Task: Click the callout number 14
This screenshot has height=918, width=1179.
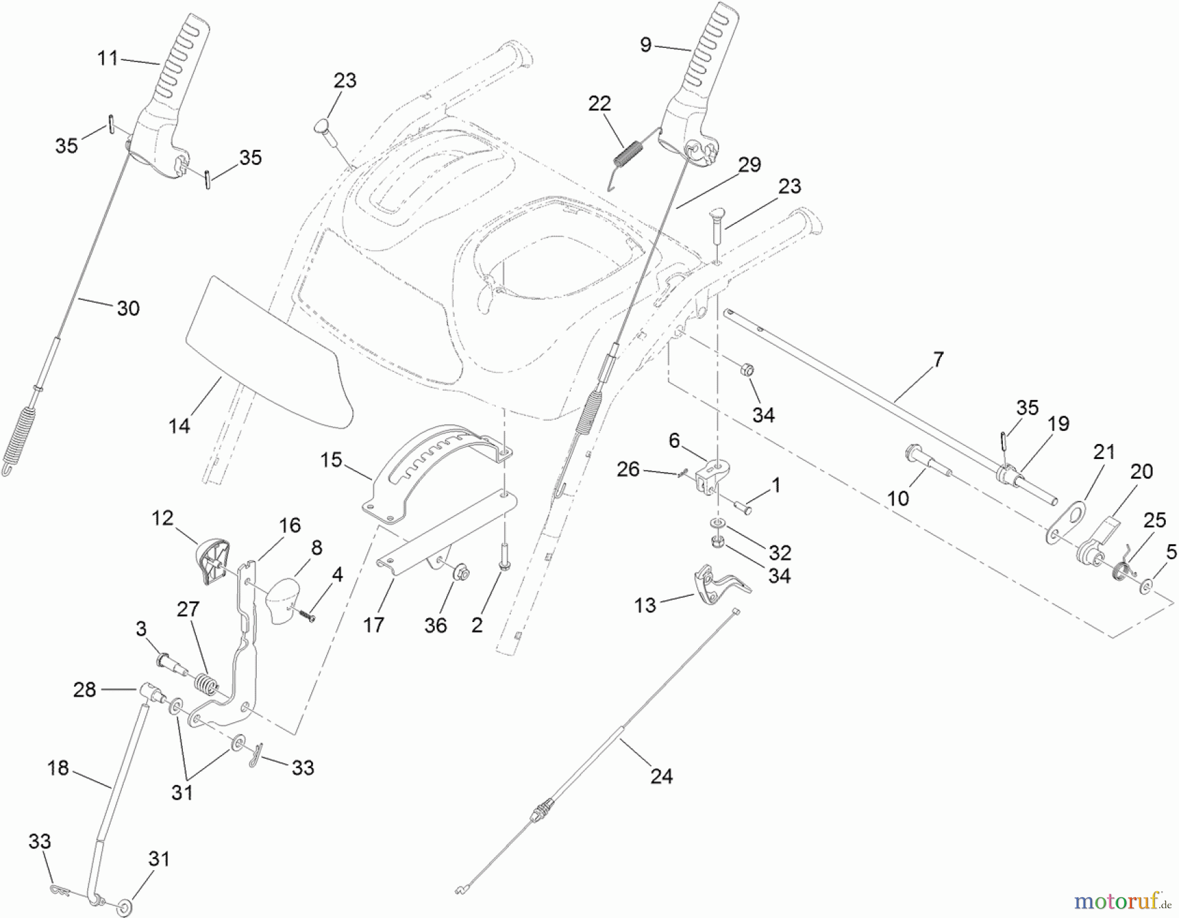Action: pos(179,426)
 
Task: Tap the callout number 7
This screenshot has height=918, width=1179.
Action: pos(938,359)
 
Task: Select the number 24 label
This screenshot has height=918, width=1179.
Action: pos(662,777)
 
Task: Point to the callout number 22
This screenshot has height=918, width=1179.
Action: pos(599,103)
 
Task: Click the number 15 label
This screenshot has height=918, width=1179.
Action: pos(331,460)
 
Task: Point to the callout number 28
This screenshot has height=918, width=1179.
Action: pos(84,689)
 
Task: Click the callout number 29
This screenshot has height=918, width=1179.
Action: pos(749,164)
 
